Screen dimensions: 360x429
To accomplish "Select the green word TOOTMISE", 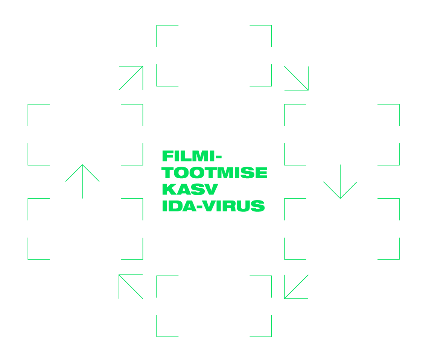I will click(214, 173).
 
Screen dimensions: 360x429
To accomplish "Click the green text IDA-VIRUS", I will click(213, 206).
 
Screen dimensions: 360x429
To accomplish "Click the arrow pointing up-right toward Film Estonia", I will click(131, 78).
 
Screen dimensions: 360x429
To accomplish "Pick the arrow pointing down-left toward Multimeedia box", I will click(296, 286).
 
